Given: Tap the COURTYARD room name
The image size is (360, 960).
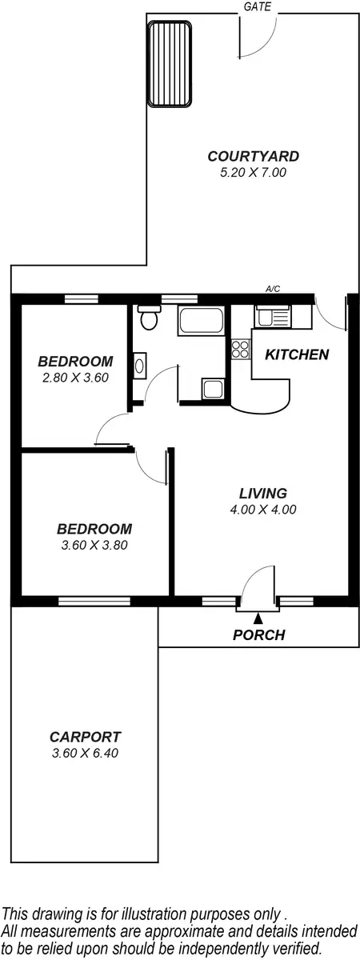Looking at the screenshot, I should tap(242, 157).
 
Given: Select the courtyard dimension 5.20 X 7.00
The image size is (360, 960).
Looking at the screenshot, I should tap(242, 172).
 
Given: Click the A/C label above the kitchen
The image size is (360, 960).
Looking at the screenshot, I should tap(273, 290).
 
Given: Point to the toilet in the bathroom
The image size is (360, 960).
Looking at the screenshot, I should tap(147, 319).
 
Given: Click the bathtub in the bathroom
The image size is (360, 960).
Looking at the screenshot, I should tap(202, 322).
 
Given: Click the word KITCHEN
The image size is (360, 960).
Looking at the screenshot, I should tap(297, 354).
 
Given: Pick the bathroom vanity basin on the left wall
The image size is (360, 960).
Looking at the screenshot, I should tap(138, 366).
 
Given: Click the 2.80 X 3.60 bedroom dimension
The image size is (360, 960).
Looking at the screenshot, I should tap(75, 377).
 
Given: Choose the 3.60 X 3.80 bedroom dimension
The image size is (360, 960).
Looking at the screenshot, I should tap(94, 546).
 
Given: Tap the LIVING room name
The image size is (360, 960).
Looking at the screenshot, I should tap(262, 494).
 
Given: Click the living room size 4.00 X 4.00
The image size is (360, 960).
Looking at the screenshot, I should tap(262, 510).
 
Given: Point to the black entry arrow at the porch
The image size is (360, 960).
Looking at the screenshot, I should tap(258, 618).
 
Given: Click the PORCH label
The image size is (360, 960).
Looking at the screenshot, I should tap(258, 636).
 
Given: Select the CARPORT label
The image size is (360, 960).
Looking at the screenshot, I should tap(85, 738).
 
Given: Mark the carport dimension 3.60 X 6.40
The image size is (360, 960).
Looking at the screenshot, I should tap(85, 753).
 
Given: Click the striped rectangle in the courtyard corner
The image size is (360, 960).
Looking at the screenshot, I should tap(169, 64).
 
